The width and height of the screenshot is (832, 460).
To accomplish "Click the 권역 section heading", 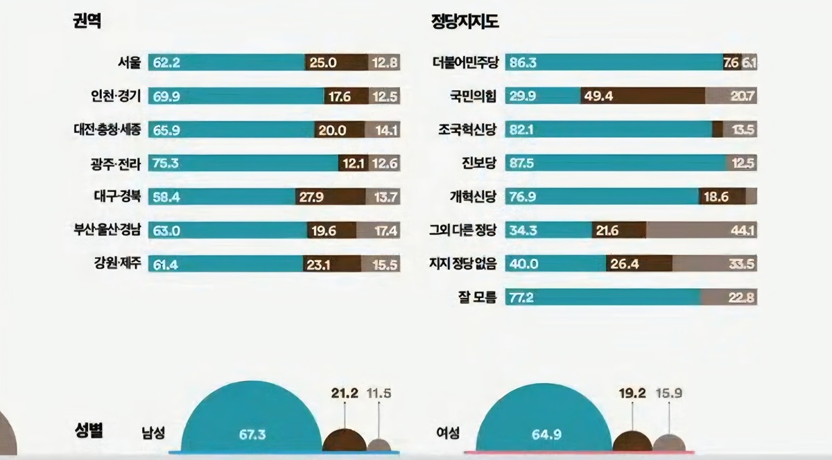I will pyautogui.click(x=87, y=21).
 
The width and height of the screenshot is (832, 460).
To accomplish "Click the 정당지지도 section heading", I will pyautogui.click(x=465, y=21).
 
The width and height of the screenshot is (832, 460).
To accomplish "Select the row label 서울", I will pyautogui.click(x=129, y=62).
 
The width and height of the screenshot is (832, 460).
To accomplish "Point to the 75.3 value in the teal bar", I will pyautogui.click(x=166, y=163).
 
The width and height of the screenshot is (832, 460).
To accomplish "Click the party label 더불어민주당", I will pyautogui.click(x=463, y=62).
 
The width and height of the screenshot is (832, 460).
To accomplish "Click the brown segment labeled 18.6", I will pyautogui.click(x=722, y=197).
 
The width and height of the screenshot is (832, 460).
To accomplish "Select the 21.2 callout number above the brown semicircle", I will pyautogui.click(x=345, y=393).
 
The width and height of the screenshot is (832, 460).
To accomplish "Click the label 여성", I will pyautogui.click(x=447, y=434).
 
